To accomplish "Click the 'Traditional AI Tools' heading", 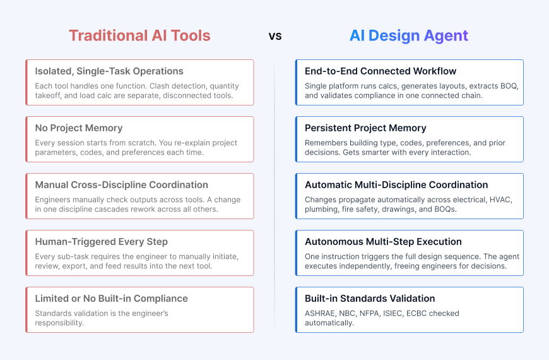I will pyautogui.click(x=139, y=35).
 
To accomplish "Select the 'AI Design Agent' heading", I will pyautogui.click(x=409, y=35).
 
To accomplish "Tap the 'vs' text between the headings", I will pyautogui.click(x=275, y=36).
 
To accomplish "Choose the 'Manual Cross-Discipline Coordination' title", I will pyautogui.click(x=121, y=185).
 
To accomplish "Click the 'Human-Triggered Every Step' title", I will pyautogui.click(x=101, y=242).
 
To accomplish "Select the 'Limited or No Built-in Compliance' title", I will pyautogui.click(x=111, y=299).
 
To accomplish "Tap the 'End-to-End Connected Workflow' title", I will pyautogui.click(x=381, y=71).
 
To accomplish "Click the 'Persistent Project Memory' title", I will pyautogui.click(x=365, y=128).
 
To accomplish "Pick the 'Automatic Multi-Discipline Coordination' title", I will pyautogui.click(x=396, y=185).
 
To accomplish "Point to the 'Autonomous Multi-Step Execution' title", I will pyautogui.click(x=383, y=242).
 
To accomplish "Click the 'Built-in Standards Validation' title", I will pyautogui.click(x=370, y=299).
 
